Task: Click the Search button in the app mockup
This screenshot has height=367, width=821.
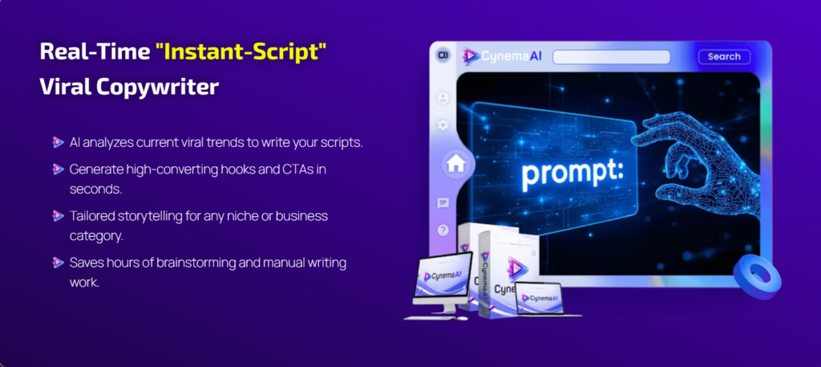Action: coord(724,57)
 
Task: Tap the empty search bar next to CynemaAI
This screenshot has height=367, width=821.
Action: coord(611,57)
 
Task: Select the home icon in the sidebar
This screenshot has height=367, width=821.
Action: coord(455,164)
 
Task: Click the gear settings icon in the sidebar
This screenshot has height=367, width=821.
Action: coord(443,124)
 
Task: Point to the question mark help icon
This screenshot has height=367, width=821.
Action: coord(443,230)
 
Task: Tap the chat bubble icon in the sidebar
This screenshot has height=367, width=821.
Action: coord(443,203)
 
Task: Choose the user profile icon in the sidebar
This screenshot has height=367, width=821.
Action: coord(443,98)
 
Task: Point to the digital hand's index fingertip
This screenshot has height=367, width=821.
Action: coord(635,138)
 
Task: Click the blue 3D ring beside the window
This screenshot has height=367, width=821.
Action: coord(757,275)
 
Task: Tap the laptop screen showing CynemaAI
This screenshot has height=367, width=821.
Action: coord(540,298)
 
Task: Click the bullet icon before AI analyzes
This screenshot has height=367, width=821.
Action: coord(58,142)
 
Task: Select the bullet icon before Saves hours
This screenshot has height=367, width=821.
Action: coord(58,262)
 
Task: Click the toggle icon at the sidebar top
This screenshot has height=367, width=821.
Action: coord(443,55)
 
